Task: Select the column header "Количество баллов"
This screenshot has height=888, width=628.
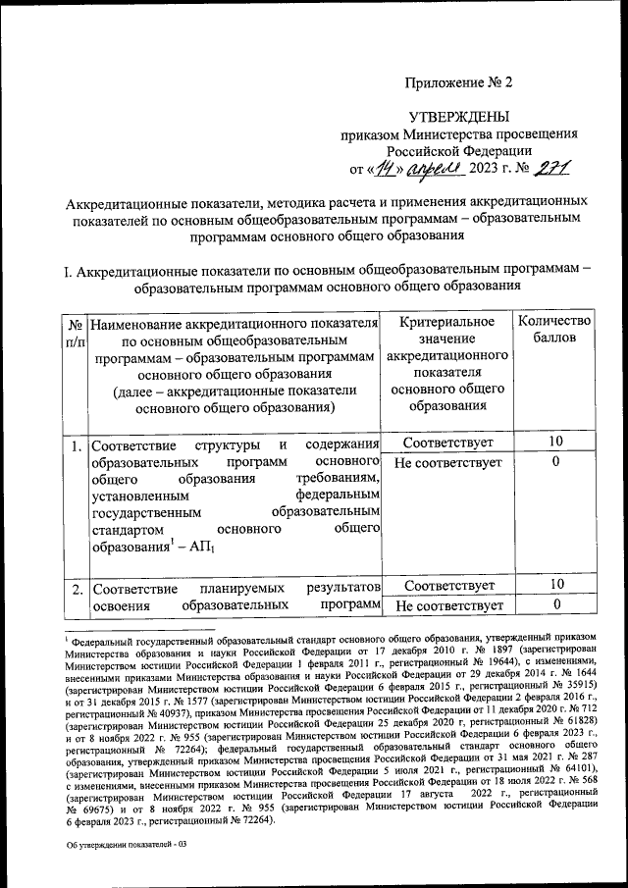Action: click(x=554, y=330)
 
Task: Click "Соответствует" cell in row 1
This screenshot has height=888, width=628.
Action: click(x=447, y=443)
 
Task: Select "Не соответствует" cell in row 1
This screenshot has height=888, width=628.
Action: click(x=447, y=462)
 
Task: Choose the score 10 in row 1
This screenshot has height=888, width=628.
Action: click(x=555, y=443)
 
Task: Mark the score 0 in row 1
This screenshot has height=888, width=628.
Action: click(x=555, y=462)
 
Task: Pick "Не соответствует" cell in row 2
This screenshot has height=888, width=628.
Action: click(x=447, y=606)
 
